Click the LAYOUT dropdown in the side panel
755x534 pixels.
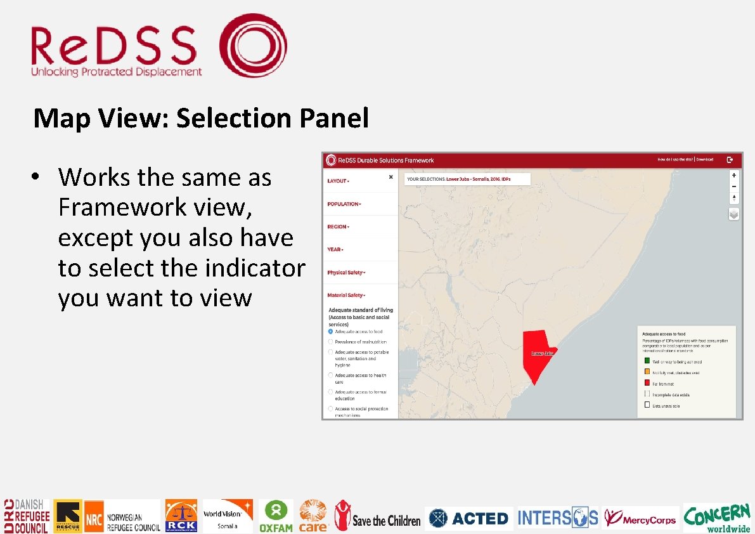(338, 181)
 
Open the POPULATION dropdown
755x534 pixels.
(344, 204)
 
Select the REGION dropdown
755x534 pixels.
(338, 226)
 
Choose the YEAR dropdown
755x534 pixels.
(335, 249)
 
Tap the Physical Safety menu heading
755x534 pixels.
(346, 272)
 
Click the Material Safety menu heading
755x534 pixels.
(346, 295)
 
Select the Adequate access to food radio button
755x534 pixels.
(330, 332)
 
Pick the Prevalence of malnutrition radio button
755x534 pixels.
(330, 342)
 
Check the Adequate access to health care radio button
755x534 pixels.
(330, 375)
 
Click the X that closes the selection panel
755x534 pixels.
(391, 177)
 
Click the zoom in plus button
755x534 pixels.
(733, 175)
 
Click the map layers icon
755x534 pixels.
(733, 214)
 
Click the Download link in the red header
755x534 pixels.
(705, 160)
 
